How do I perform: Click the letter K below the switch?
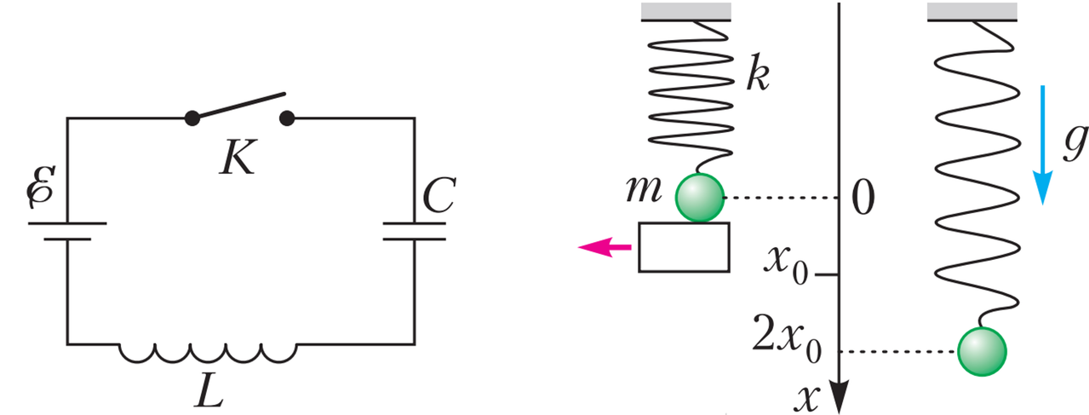[238, 158]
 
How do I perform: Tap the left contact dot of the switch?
[192, 118]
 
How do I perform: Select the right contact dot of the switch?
[287, 118]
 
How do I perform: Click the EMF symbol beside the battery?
[41, 187]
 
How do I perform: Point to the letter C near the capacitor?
[439, 195]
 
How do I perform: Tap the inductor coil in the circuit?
[208, 353]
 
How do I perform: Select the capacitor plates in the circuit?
[414, 231]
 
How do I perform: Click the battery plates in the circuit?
[67, 231]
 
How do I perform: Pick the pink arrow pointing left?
[605, 247]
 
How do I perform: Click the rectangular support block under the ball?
[684, 247]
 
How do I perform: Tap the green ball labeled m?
[700, 198]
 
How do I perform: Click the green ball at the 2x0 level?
[982, 352]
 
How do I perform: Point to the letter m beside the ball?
[645, 189]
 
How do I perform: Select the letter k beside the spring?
[759, 74]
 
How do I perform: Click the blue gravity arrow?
[1042, 145]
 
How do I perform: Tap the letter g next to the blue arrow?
[1075, 142]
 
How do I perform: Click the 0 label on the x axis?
[863, 198]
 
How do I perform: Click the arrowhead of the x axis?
[839, 396]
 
